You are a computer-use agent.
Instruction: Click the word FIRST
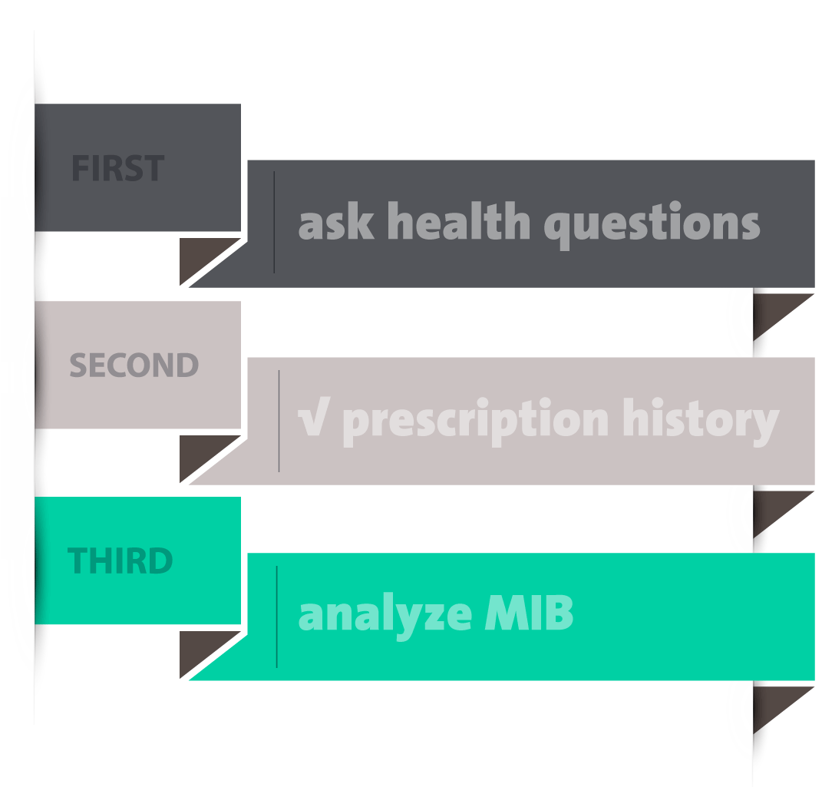118,168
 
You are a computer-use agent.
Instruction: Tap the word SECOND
134,365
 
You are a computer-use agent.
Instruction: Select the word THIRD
120,560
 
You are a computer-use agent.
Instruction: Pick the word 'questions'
652,224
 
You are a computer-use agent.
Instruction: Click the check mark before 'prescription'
314,417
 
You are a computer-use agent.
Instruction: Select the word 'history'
701,421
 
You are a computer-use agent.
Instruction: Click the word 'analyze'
385,616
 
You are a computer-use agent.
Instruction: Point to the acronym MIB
529,613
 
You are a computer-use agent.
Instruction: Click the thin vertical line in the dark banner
274,222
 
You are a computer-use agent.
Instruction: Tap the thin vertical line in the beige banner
279,421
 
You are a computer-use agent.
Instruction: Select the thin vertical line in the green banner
277,617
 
